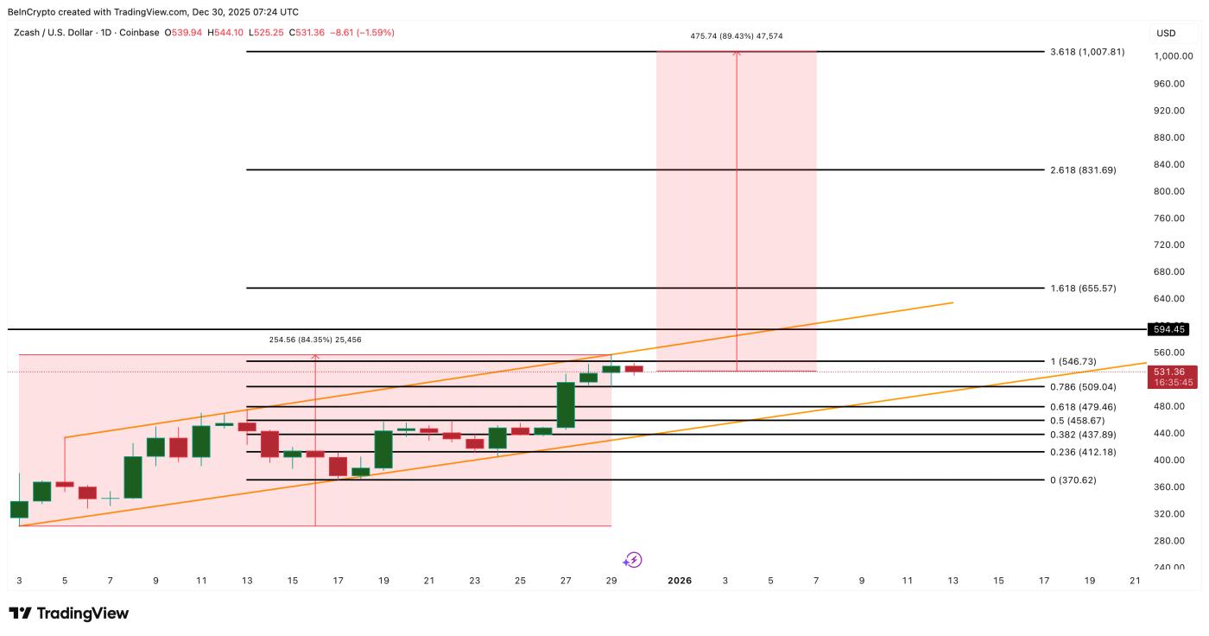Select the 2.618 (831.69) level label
(x=1083, y=170)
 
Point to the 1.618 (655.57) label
(x=1083, y=289)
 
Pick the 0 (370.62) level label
(x=1073, y=480)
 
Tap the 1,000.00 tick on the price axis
(x=1173, y=56)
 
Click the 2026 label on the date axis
(x=680, y=581)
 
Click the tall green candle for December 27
(x=566, y=405)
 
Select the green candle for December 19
(x=383, y=449)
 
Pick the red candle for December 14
(x=269, y=443)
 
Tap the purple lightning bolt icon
(x=633, y=560)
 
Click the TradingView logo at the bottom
(x=69, y=614)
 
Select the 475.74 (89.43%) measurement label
(x=736, y=36)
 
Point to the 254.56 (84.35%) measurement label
(x=315, y=340)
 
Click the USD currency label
(x=1166, y=33)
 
